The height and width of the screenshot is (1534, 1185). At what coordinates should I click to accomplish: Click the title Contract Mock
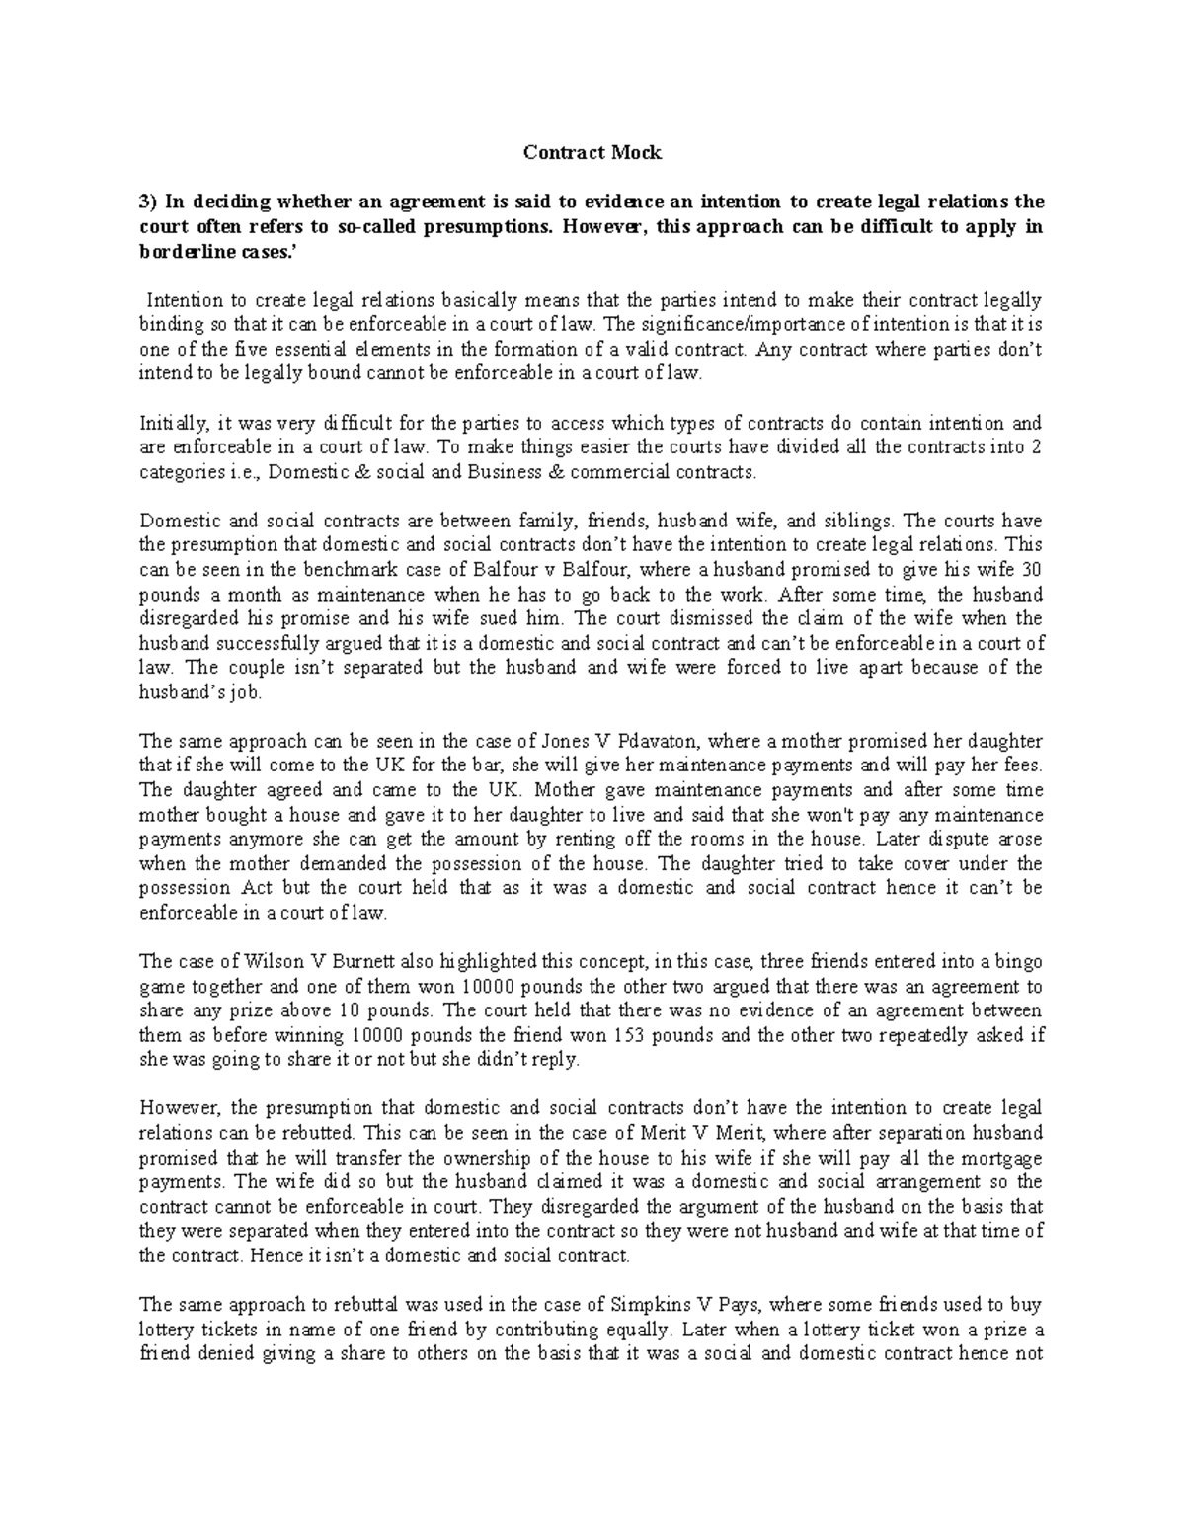[x=592, y=153]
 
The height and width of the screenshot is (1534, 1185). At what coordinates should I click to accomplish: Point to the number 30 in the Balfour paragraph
[x=1032, y=570]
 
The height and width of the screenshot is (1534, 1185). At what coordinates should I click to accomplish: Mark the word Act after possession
[x=258, y=888]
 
